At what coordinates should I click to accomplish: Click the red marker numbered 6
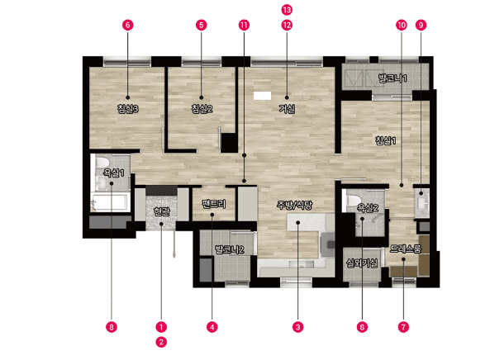127,25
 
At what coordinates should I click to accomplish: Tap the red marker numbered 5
202,25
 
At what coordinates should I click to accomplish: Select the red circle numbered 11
244,25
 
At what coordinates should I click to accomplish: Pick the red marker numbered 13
287,10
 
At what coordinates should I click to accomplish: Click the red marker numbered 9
421,25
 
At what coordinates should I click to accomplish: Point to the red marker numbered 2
161,342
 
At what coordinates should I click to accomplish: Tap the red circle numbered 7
403,327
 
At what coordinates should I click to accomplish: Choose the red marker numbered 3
297,327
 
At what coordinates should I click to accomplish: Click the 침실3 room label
128,109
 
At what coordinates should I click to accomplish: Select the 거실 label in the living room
287,109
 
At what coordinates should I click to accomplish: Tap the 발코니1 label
392,78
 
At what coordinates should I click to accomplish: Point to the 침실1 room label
386,140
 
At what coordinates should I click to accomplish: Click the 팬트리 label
214,204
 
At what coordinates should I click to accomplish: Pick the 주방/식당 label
294,205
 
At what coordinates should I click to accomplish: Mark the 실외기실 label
362,263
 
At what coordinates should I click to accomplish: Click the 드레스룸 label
406,249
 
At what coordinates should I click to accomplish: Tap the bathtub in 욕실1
109,202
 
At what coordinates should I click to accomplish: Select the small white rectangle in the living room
262,96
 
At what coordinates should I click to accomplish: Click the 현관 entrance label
162,211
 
